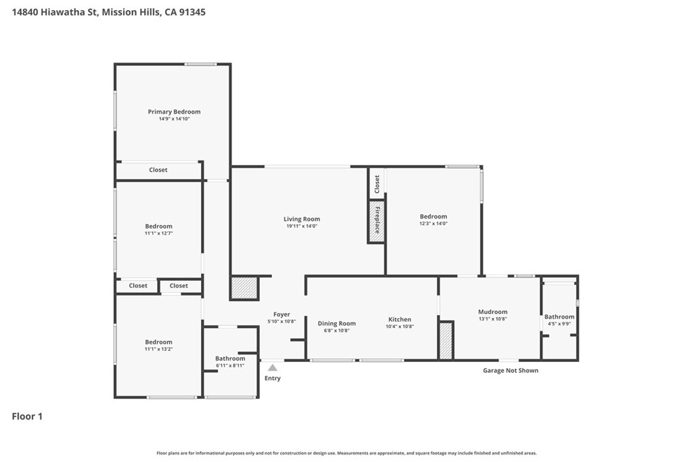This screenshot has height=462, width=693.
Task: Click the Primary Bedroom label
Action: (174, 112)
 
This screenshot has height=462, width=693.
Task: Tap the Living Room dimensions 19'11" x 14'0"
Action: (302, 226)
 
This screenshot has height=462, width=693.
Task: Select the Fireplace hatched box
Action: (376, 221)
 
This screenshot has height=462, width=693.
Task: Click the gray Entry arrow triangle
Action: (273, 367)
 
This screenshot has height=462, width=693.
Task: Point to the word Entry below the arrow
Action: (273, 378)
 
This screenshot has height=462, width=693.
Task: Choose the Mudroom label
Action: (493, 312)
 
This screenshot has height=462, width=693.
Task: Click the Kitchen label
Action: (399, 319)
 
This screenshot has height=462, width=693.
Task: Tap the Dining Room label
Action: (337, 323)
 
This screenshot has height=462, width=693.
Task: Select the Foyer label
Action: (282, 315)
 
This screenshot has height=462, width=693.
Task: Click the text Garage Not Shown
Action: (510, 371)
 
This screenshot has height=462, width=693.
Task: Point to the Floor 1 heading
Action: (27, 416)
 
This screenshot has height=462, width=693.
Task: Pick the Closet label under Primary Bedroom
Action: (158, 170)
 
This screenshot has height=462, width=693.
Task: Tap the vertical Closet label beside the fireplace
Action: (377, 184)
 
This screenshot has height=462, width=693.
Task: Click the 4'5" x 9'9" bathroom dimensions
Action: (560, 324)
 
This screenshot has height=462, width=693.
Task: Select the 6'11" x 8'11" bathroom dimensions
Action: (230, 366)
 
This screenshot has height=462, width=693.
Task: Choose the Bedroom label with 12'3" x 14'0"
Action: (434, 216)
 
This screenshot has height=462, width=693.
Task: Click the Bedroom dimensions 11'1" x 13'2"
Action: (158, 349)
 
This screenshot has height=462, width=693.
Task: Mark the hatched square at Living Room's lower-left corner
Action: (244, 288)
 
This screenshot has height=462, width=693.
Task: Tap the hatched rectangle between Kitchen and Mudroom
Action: (446, 340)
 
